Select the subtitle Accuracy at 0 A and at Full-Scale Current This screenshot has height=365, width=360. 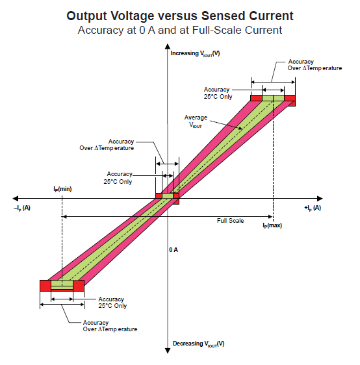(180, 29)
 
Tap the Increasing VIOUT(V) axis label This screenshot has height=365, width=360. (195, 53)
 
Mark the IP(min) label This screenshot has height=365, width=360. (62, 188)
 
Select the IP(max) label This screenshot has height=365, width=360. (272, 225)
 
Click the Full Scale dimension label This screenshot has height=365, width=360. (230, 221)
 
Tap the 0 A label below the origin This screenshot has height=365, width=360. (174, 249)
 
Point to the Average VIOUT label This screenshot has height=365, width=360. (196, 121)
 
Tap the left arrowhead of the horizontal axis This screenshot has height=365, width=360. (17, 198)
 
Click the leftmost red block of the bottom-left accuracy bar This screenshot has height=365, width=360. (45, 284)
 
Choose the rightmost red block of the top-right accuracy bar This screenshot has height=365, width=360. (289, 99)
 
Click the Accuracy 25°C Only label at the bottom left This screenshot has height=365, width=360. (112, 302)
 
